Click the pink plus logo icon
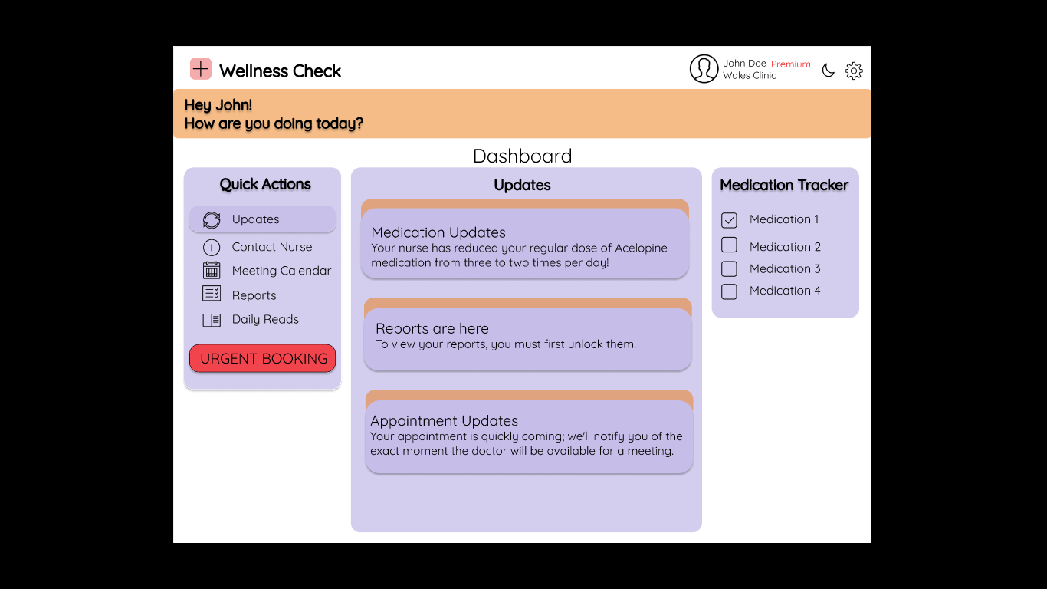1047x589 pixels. click(201, 69)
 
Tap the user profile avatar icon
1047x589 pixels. click(704, 69)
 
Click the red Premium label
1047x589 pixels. click(790, 64)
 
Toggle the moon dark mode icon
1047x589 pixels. click(828, 71)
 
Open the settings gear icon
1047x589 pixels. click(854, 71)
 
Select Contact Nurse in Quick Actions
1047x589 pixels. click(271, 247)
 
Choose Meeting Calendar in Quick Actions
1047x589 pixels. click(281, 271)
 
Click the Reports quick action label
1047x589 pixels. click(254, 295)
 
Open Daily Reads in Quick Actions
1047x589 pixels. click(265, 319)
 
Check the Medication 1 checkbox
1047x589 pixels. click(729, 220)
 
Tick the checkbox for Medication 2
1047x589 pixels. click(729, 245)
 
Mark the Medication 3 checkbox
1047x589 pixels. click(729, 269)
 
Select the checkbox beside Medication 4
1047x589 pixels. click(729, 291)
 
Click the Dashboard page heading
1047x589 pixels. click(523, 156)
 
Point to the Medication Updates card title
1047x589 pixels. click(438, 232)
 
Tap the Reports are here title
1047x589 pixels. click(432, 328)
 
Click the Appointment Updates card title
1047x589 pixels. click(444, 421)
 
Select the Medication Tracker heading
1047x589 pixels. click(784, 185)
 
